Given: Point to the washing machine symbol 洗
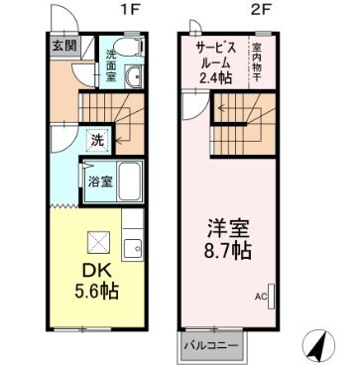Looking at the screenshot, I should [x=98, y=140].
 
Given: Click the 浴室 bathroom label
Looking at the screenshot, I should [x=98, y=182].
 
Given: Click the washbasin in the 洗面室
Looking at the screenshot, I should [x=137, y=81].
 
